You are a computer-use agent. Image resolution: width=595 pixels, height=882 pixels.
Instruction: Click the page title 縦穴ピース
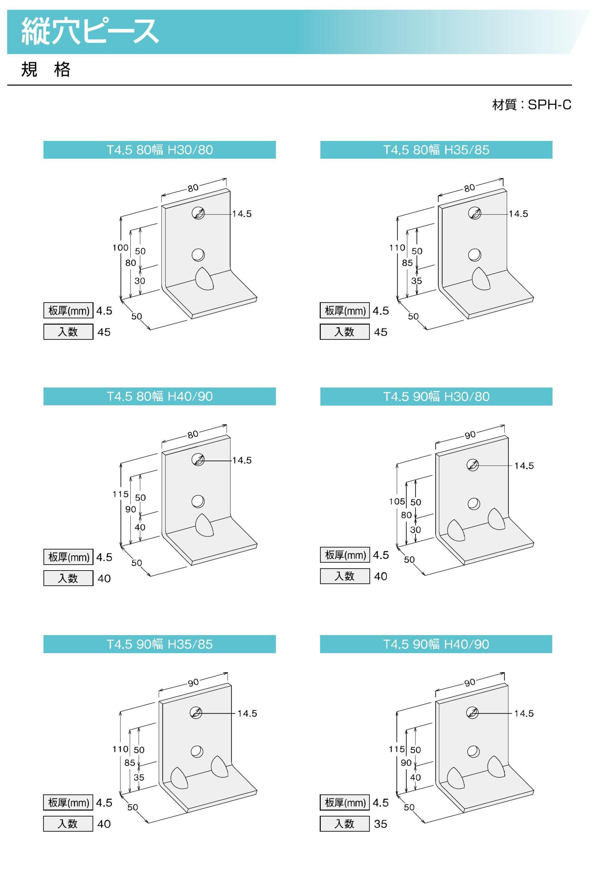90,31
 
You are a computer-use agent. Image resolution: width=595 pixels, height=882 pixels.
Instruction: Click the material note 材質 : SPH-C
532,105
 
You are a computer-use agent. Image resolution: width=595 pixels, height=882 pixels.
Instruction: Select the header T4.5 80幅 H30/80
160,150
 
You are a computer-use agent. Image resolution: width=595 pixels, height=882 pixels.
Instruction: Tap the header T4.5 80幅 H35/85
436,150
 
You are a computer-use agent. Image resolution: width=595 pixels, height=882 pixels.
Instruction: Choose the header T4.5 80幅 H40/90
160,397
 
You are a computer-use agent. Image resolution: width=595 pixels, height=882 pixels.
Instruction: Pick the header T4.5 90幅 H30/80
436,397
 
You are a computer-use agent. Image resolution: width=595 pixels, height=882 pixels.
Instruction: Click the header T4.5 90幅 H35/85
160,644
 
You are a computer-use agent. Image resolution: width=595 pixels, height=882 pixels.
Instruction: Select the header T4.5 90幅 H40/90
436,644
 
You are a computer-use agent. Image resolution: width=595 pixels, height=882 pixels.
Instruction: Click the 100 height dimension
120,248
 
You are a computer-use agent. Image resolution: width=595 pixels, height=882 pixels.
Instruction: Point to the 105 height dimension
397,502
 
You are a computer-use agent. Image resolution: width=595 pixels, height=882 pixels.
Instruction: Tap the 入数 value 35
381,824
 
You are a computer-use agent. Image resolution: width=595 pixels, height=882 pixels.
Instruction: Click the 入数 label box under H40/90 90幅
345,823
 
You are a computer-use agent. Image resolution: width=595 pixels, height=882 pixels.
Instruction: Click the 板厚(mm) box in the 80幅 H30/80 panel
68,311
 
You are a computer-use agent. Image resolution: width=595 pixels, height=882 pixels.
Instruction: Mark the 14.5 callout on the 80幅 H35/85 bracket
519,214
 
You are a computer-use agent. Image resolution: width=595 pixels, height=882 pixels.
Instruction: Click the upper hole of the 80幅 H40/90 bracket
198,460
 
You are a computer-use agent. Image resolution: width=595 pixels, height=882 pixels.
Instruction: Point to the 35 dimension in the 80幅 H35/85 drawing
417,281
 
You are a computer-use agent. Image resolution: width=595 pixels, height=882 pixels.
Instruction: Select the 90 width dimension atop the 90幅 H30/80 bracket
470,435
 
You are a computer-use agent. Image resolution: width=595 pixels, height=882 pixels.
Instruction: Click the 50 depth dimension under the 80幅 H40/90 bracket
137,563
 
